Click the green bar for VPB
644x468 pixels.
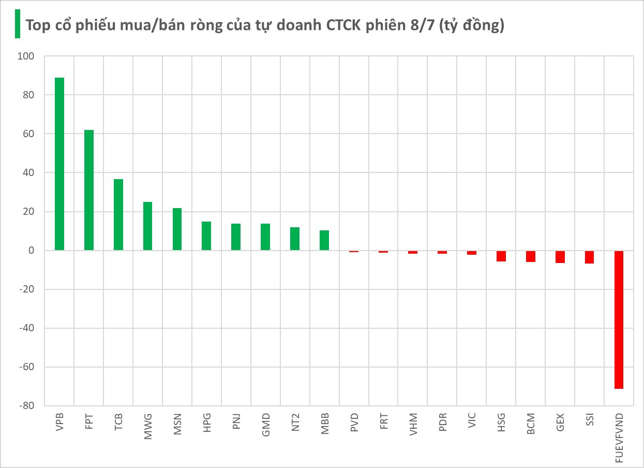[59, 164]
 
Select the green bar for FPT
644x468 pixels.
[89, 190]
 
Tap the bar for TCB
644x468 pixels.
[118, 215]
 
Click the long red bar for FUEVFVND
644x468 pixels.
[619, 319]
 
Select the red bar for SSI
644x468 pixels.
[590, 257]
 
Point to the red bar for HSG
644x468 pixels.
[501, 256]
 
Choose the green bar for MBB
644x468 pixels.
[324, 240]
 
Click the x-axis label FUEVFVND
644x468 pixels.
[620, 437]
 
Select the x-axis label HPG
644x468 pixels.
[207, 423]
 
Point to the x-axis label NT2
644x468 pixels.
[295, 423]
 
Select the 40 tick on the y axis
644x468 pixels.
[27, 173]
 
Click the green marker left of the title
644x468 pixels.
[18, 24]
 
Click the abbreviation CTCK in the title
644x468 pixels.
[343, 25]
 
